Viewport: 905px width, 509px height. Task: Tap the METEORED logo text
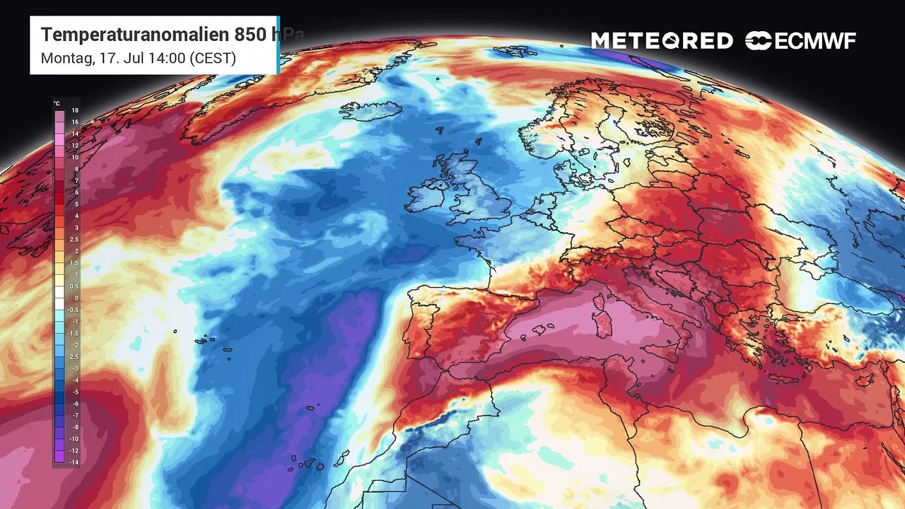click(x=662, y=41)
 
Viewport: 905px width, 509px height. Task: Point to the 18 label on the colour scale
click(x=75, y=111)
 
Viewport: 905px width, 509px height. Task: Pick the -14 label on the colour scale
click(x=74, y=462)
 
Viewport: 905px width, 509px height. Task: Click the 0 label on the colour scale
click(x=76, y=298)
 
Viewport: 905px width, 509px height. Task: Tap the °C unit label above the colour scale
click(x=57, y=103)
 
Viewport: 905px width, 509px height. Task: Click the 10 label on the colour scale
click(x=75, y=158)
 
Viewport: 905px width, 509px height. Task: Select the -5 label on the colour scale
click(x=74, y=392)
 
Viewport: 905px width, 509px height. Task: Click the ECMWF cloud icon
click(x=759, y=41)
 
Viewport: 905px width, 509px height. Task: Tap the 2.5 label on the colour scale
click(x=74, y=240)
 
